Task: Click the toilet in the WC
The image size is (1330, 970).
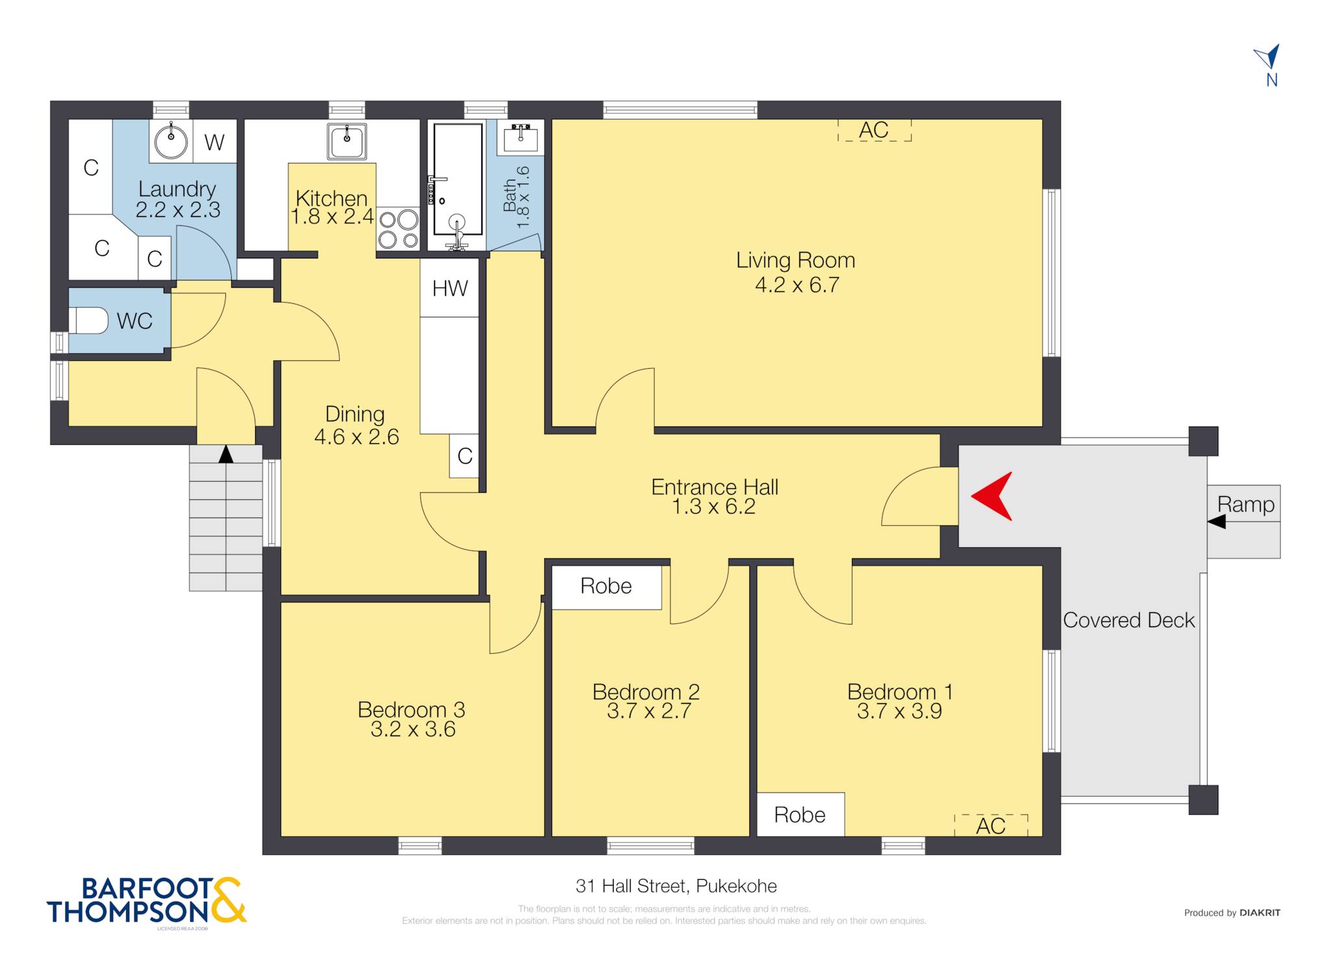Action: tap(88, 321)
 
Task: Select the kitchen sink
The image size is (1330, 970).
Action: tap(347, 141)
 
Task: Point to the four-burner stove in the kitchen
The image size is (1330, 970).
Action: tap(398, 229)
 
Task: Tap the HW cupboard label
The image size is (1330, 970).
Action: tap(449, 288)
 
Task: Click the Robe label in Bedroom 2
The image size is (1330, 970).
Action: tap(606, 586)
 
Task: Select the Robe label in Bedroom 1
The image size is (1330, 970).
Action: tap(800, 815)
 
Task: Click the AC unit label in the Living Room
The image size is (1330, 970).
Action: tap(873, 130)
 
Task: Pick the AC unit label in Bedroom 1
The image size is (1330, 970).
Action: tap(990, 826)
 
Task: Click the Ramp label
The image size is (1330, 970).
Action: tap(1246, 504)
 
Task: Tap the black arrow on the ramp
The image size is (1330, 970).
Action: tap(1216, 521)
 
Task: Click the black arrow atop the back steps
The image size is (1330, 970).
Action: tap(225, 454)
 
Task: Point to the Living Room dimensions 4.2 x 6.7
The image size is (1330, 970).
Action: tap(797, 285)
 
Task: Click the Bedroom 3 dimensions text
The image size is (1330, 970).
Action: tap(413, 729)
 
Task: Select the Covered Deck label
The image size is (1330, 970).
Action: tap(1129, 620)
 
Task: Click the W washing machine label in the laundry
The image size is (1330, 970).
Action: tap(214, 142)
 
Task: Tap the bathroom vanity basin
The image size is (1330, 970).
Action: tap(520, 136)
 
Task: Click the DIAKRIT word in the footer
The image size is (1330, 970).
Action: tap(1260, 912)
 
